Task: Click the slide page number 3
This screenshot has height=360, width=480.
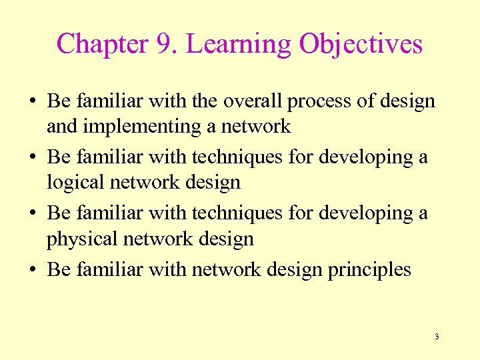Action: point(437,337)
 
